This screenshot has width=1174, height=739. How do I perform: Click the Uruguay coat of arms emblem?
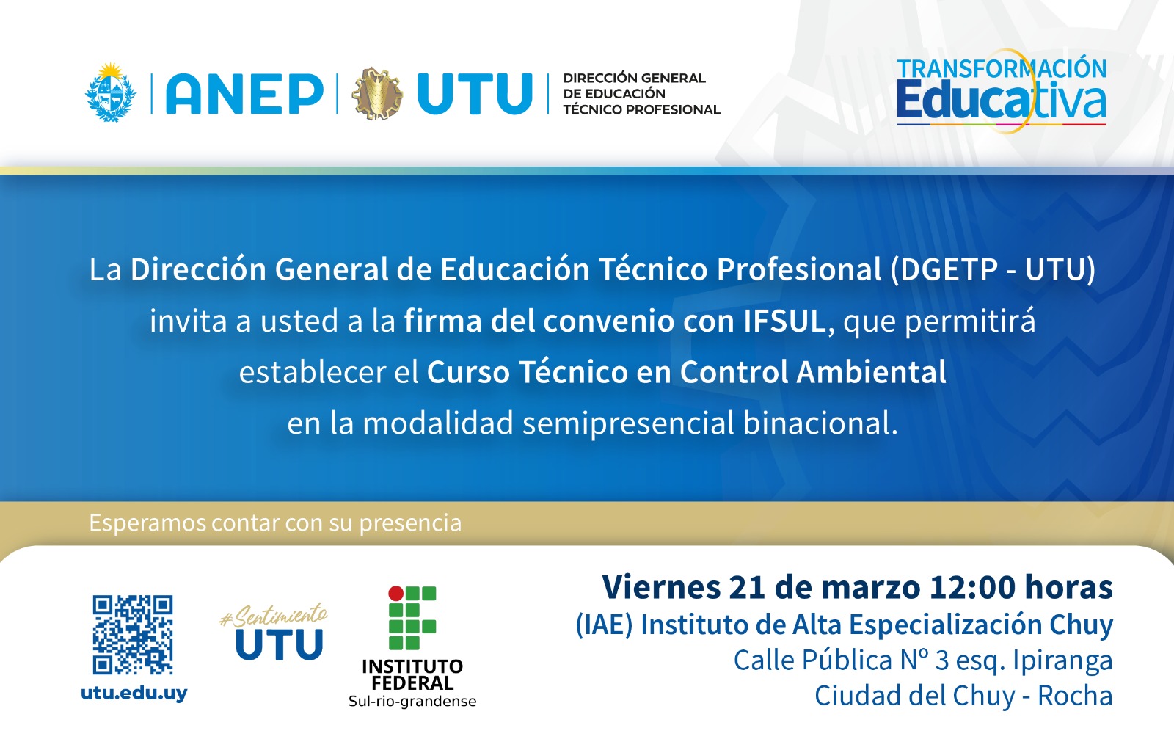tap(111, 92)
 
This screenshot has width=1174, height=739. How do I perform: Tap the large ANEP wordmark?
tap(244, 94)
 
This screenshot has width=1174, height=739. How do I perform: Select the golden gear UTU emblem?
tap(378, 94)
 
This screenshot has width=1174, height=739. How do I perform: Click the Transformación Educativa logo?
tap(1001, 91)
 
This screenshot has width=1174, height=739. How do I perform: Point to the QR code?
tap(133, 635)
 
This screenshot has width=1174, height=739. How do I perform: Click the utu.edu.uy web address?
tap(134, 693)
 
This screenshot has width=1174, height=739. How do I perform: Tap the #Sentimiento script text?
tap(274, 615)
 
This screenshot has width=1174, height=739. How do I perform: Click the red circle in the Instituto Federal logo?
tap(395, 593)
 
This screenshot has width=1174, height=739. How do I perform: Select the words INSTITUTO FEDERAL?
tap(412, 674)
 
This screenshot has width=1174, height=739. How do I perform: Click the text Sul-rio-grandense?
tap(412, 702)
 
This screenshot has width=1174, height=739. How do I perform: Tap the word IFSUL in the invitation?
tap(784, 321)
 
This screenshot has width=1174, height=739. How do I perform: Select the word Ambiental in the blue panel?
tap(871, 371)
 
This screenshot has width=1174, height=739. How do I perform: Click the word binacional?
tap(820, 423)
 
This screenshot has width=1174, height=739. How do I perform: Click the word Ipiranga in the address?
tap(1062, 660)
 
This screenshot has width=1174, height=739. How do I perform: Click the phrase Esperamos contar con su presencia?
tap(275, 523)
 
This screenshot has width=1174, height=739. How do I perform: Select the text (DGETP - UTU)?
tap(993, 269)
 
